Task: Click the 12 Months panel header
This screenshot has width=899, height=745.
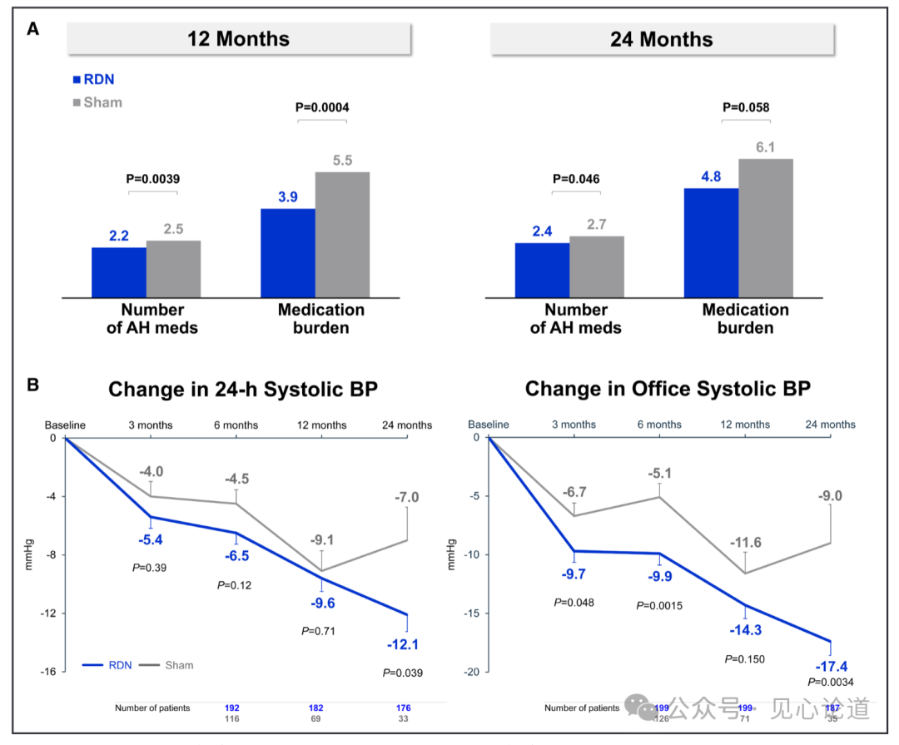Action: point(238,39)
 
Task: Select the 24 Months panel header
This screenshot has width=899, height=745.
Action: point(662,39)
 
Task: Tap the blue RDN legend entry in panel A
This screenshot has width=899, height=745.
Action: point(94,80)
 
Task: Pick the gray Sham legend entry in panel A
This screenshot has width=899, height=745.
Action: point(97,102)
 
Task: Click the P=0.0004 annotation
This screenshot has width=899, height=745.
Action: point(322,107)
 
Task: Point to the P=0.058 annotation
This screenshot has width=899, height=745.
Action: point(746,107)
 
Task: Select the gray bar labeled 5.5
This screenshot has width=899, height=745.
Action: point(342,234)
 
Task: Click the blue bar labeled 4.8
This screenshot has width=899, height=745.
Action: point(711,242)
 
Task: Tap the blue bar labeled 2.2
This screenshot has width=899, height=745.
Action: point(118,271)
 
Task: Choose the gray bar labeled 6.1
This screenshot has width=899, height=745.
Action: point(766,227)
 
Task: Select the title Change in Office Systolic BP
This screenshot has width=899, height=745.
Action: point(668,389)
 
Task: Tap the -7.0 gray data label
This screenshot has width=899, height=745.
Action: point(407,498)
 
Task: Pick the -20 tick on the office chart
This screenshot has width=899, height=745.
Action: point(473,672)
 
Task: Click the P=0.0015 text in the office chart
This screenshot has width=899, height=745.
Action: point(659,605)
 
